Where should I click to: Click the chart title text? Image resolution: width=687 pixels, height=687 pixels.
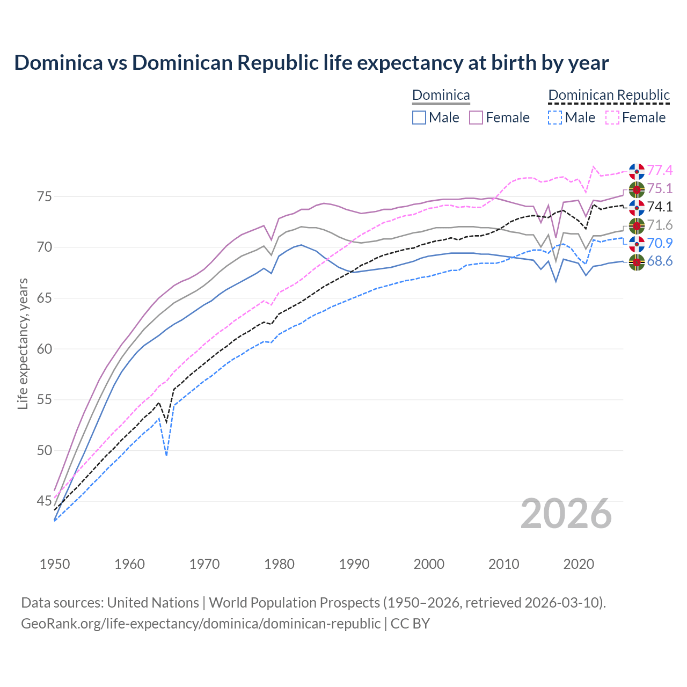pyautogui.click(x=311, y=63)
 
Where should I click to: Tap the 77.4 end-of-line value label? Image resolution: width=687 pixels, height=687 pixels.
pyautogui.click(x=660, y=171)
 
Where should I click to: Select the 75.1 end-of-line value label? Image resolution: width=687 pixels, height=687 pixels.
pyautogui.click(x=660, y=189)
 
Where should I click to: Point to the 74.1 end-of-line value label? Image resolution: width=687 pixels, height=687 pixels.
pyautogui.click(x=660, y=207)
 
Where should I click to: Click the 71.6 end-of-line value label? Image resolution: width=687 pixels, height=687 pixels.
pyautogui.click(x=660, y=225)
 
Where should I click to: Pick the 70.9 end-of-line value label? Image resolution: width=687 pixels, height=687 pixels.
pyautogui.click(x=660, y=244)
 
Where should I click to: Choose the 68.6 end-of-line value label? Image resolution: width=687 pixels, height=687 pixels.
pyautogui.click(x=660, y=262)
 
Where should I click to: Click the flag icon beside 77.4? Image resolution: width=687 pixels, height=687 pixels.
pyautogui.click(x=637, y=171)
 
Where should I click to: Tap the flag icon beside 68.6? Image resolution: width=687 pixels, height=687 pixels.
pyautogui.click(x=637, y=262)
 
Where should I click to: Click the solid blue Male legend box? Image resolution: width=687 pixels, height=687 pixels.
pyautogui.click(x=419, y=118)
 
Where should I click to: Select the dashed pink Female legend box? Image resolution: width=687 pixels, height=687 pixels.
pyautogui.click(x=612, y=118)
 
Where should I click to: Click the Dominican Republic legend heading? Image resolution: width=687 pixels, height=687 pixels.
pyautogui.click(x=609, y=96)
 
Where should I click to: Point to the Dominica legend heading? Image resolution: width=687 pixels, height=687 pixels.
pyautogui.click(x=441, y=96)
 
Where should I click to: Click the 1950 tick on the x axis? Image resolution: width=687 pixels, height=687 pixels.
pyautogui.click(x=55, y=564)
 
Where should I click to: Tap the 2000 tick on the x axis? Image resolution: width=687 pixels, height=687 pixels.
pyautogui.click(x=429, y=564)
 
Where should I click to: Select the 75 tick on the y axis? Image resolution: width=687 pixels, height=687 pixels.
pyautogui.click(x=45, y=197)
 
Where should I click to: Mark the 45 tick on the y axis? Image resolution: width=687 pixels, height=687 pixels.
pyautogui.click(x=45, y=501)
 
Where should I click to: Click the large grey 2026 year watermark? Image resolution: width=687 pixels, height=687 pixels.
pyautogui.click(x=566, y=514)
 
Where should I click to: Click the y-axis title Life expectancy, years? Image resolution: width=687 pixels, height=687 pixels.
pyautogui.click(x=23, y=343)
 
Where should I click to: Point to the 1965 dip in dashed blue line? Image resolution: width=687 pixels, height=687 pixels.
pyautogui.click(x=166, y=455)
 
